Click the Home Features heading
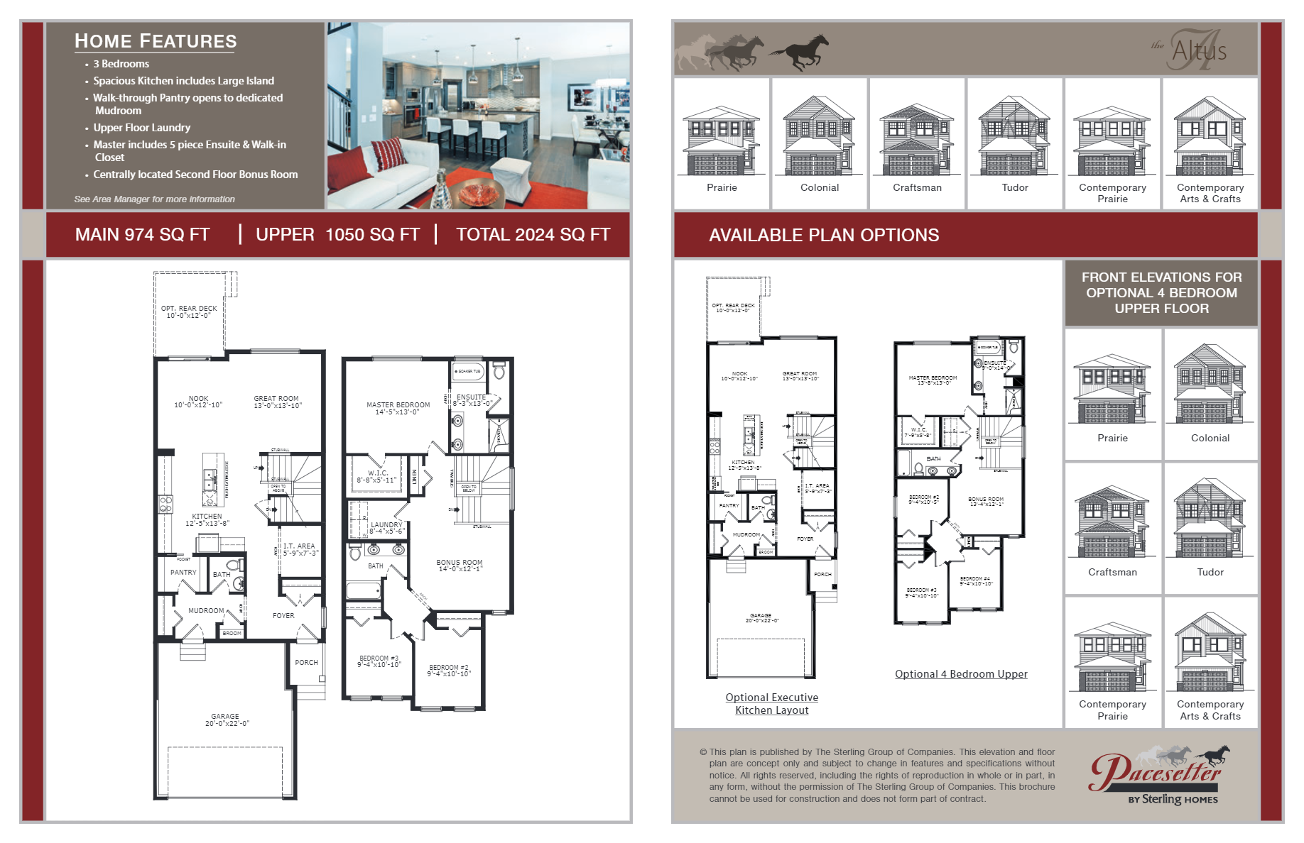tap(156, 41)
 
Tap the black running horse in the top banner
tap(800, 51)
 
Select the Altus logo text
tap(1198, 50)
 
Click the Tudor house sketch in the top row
tap(1014, 136)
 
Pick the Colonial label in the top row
tap(819, 187)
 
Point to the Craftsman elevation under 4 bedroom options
tap(1112, 523)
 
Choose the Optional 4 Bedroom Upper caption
tap(961, 674)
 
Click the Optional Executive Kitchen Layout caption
tap(772, 704)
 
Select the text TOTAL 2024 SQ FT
tap(533, 235)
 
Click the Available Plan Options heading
tap(824, 235)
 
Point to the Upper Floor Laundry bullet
tap(142, 128)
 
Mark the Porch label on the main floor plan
tap(307, 662)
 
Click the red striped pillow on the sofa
tap(389, 153)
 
